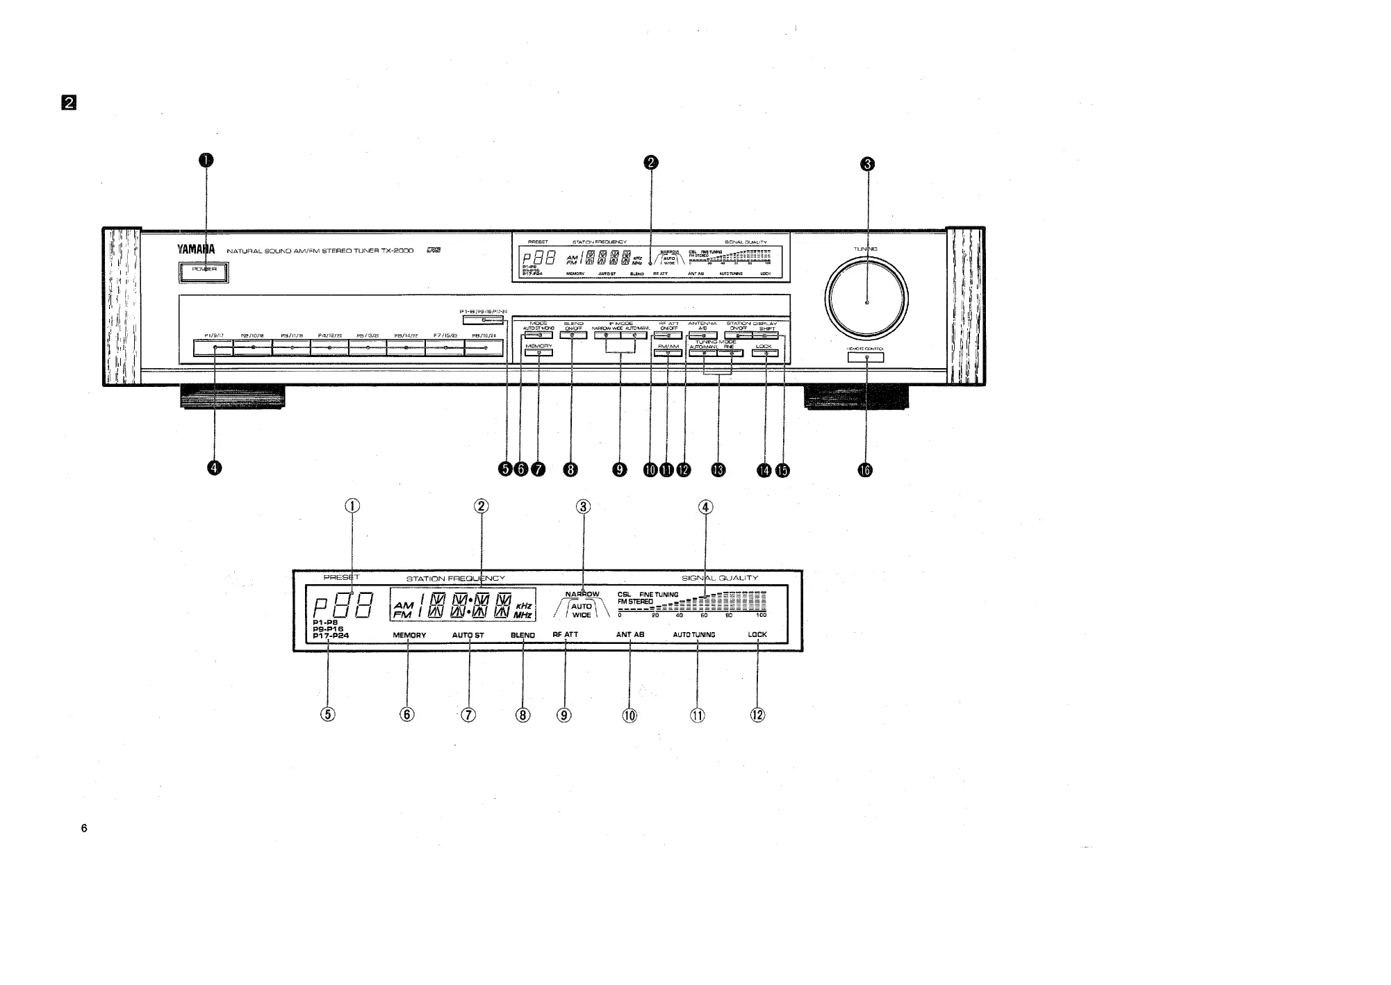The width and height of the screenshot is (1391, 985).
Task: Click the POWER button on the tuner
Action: (x=204, y=272)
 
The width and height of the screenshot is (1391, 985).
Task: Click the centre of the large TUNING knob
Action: (x=866, y=302)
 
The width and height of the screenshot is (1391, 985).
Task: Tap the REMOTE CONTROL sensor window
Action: (x=866, y=358)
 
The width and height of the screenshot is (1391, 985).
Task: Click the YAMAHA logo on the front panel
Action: (x=195, y=250)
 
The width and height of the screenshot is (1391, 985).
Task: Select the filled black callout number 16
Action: (x=865, y=470)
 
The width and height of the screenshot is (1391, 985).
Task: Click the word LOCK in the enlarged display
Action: (x=757, y=634)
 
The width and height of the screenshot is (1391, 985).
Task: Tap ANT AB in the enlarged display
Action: (x=630, y=634)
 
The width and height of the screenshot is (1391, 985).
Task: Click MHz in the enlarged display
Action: (x=523, y=615)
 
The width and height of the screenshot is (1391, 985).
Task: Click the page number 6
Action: (x=84, y=828)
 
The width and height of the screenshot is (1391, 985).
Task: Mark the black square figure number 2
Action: (x=69, y=103)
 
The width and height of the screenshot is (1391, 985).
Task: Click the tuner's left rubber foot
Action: (x=232, y=397)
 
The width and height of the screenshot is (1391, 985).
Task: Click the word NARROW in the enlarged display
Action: (x=582, y=595)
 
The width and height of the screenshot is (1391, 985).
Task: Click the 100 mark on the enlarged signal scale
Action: (x=762, y=615)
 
